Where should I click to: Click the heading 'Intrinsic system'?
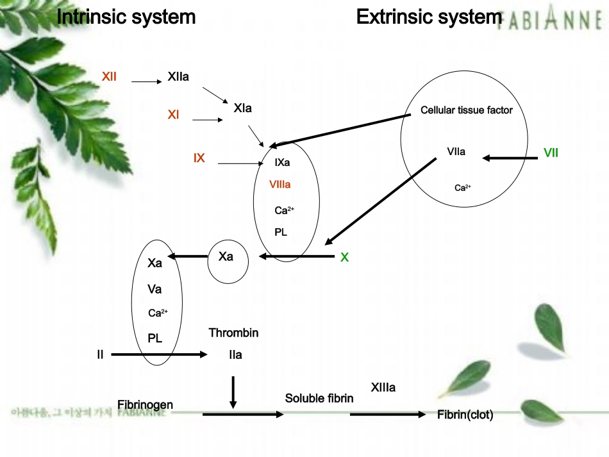tap(126, 17)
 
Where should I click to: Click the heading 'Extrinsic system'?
tap(429, 17)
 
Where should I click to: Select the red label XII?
tap(109, 77)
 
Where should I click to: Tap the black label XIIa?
tap(178, 77)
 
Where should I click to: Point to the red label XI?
tap(173, 115)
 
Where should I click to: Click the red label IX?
tap(199, 158)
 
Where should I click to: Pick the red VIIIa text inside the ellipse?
tap(281, 185)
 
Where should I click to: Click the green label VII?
tap(551, 153)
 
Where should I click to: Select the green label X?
tap(344, 258)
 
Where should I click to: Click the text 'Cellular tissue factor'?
tap(467, 110)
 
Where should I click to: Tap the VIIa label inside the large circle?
tap(456, 152)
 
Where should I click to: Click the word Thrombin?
tap(233, 333)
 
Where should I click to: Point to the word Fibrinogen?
tap(146, 404)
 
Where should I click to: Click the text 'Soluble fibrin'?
tap(319, 398)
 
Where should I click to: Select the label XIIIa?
tap(383, 388)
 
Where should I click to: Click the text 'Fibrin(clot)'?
tap(465, 415)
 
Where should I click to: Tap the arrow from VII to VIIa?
tap(510, 157)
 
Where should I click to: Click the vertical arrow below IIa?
tap(233, 392)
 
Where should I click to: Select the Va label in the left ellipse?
tap(154, 289)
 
